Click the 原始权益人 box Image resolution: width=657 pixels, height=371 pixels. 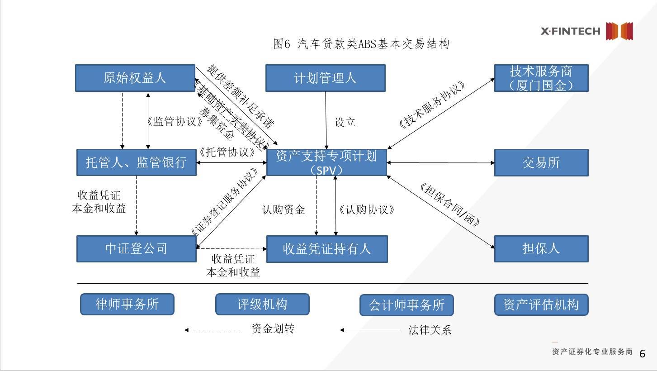[x=135, y=78]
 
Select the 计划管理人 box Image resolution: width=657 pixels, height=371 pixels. [x=325, y=78]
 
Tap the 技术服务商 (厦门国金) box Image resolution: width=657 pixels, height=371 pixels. [x=541, y=78]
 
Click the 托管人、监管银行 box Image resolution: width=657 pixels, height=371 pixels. [x=136, y=162]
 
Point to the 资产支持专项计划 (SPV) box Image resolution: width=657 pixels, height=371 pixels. [x=326, y=162]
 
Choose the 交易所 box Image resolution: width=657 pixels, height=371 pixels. [x=541, y=162]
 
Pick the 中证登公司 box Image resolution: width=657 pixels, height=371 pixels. [x=136, y=249]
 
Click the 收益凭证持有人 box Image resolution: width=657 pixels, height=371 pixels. [x=326, y=249]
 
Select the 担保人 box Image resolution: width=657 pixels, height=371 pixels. [x=541, y=249]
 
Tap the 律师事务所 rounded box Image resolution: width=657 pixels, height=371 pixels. [x=127, y=304]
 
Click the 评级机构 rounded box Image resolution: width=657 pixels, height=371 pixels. [x=262, y=304]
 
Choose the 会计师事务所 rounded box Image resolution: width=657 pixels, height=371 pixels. [x=406, y=305]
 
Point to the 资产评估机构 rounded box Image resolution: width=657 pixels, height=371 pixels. [x=541, y=304]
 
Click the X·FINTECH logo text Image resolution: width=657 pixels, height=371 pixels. [x=571, y=31]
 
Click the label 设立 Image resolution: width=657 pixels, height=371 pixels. [x=345, y=122]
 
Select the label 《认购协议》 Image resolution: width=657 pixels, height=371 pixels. [x=367, y=209]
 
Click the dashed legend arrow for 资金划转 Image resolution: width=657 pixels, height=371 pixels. [x=213, y=330]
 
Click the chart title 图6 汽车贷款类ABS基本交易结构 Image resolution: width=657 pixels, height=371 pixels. [x=361, y=44]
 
